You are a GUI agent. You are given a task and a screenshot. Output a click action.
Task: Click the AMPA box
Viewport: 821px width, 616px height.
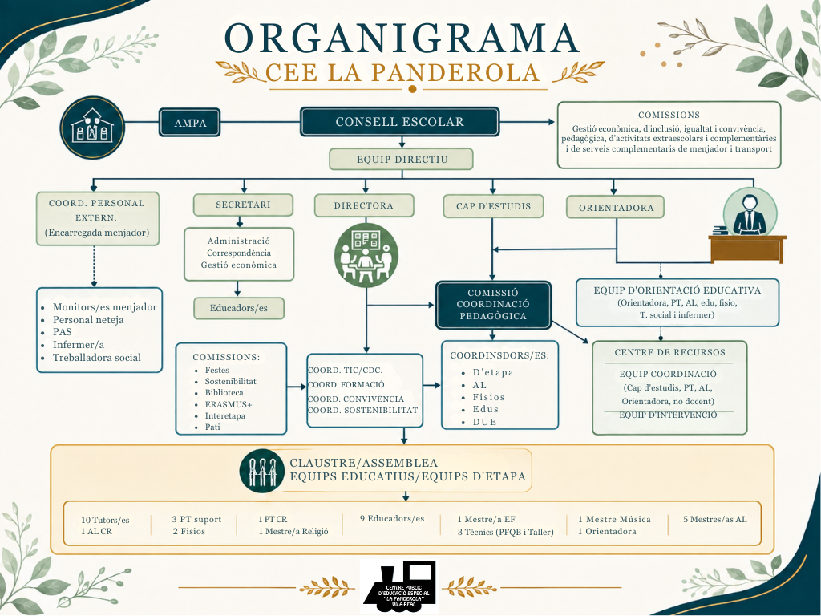[189, 122]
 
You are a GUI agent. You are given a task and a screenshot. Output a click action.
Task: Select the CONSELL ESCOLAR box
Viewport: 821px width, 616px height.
[399, 122]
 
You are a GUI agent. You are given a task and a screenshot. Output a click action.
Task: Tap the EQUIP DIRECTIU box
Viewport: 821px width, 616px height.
[401, 160]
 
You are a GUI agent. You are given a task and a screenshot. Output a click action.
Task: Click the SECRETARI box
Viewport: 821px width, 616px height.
[243, 205]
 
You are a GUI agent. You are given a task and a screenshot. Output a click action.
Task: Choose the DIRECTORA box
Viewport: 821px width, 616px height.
[364, 205]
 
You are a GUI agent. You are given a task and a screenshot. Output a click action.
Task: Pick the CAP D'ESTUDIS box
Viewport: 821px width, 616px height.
[493, 206]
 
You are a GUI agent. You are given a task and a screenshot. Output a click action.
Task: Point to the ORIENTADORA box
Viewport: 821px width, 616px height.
[616, 208]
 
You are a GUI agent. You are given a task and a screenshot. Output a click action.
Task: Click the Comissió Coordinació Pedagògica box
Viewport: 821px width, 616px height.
[493, 305]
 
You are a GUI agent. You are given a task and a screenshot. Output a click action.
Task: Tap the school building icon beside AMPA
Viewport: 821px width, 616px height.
[92, 128]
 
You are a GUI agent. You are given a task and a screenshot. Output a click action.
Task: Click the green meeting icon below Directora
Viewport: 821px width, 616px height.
[366, 256]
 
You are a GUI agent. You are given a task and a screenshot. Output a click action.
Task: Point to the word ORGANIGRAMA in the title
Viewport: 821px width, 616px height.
[402, 38]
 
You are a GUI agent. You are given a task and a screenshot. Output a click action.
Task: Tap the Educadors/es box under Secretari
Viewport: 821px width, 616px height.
[239, 308]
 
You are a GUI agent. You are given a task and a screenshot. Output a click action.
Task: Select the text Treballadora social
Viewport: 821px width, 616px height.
[97, 358]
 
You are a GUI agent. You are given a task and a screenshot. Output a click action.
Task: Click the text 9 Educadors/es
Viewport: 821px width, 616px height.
[392, 519]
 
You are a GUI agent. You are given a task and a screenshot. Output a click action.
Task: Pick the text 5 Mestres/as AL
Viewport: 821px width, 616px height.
[714, 519]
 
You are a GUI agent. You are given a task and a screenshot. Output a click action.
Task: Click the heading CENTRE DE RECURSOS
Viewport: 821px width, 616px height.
[669, 353]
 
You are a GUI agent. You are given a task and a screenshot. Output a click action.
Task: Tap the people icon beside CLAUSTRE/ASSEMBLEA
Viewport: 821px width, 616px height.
[262, 471]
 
